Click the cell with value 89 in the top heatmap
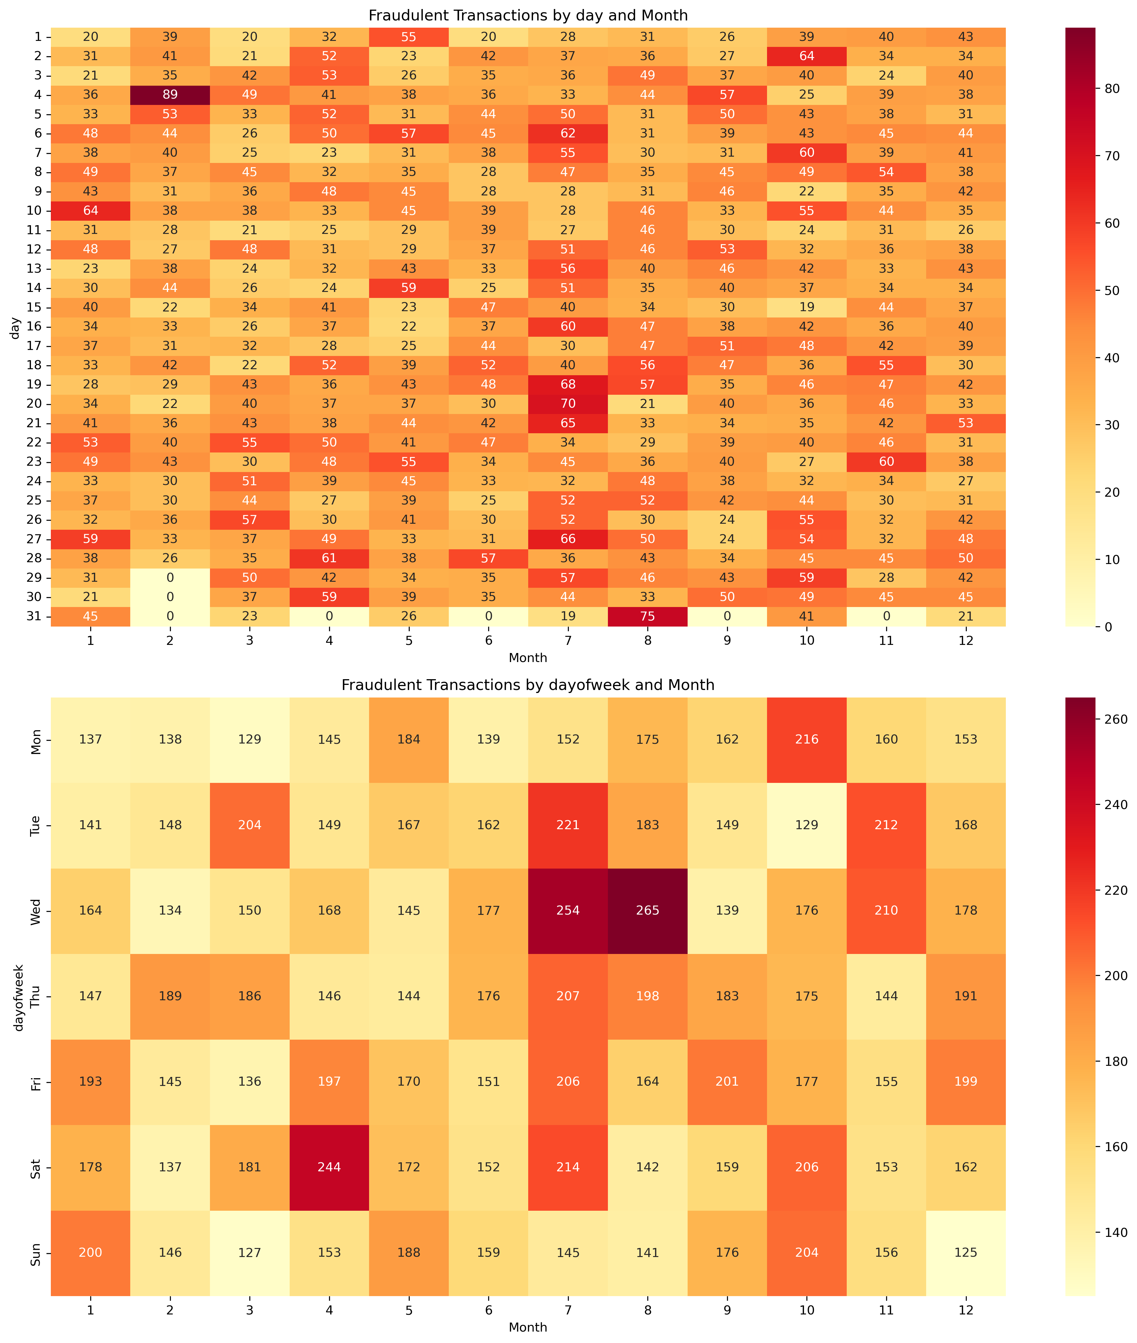tap(170, 95)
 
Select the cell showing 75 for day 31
tap(648, 616)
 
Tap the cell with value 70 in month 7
tap(568, 404)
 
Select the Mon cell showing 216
tap(806, 740)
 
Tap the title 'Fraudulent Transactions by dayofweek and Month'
tap(528, 685)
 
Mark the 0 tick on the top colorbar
tap(1107, 626)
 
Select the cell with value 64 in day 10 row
tap(91, 211)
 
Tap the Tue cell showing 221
tap(568, 825)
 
